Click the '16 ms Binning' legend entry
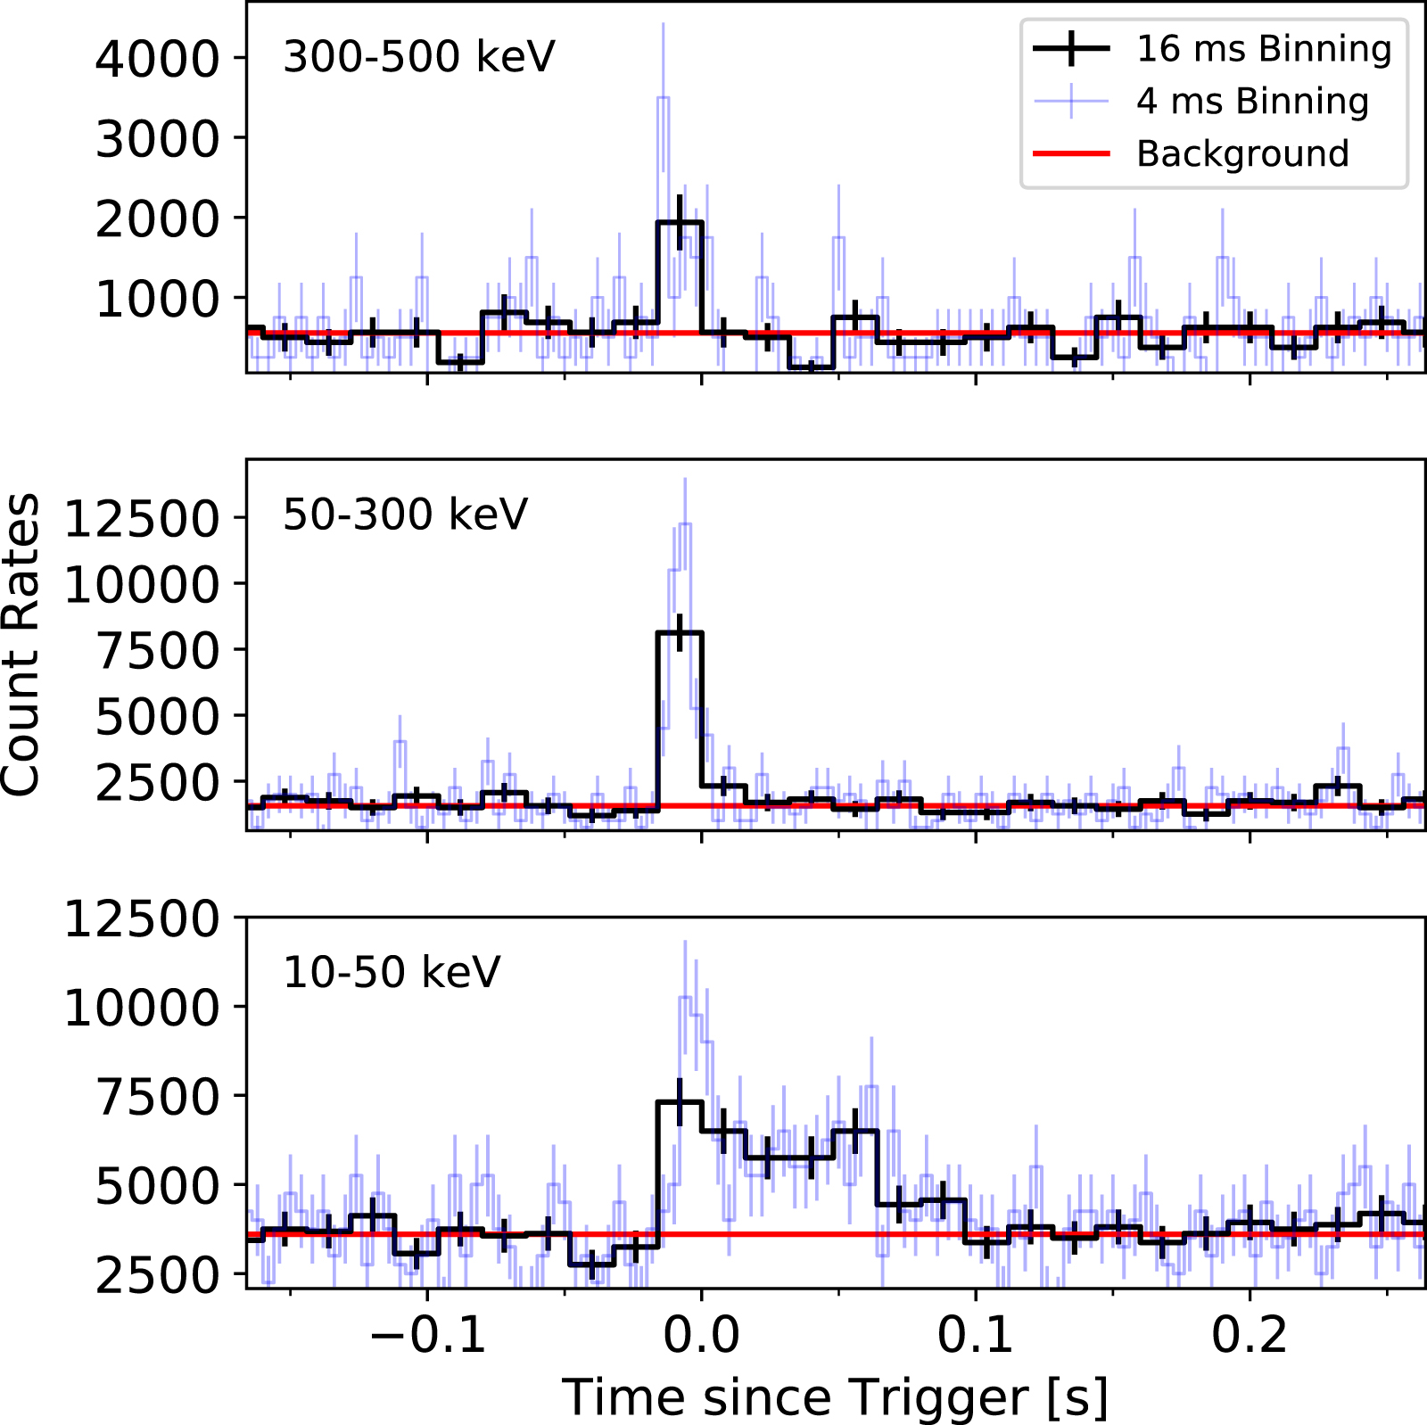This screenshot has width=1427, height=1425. [1263, 49]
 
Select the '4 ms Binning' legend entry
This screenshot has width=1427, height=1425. [1251, 102]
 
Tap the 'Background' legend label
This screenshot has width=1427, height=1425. [1241, 154]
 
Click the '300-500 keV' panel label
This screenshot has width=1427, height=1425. [418, 57]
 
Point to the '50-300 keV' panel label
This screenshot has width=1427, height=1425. [405, 515]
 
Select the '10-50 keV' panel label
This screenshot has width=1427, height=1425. [392, 972]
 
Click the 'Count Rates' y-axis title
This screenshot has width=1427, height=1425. [21, 644]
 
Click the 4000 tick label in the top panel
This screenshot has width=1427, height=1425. [157, 59]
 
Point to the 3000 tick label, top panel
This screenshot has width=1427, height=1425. [157, 139]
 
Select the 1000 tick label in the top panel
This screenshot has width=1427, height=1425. [157, 300]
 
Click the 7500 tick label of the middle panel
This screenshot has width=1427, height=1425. [157, 650]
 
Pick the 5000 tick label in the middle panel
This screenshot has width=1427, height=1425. [157, 716]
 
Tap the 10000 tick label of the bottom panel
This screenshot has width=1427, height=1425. [142, 1009]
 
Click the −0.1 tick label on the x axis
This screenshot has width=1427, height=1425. [427, 1336]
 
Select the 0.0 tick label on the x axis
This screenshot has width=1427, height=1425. [702, 1336]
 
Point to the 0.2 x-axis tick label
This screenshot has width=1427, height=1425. [1250, 1336]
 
